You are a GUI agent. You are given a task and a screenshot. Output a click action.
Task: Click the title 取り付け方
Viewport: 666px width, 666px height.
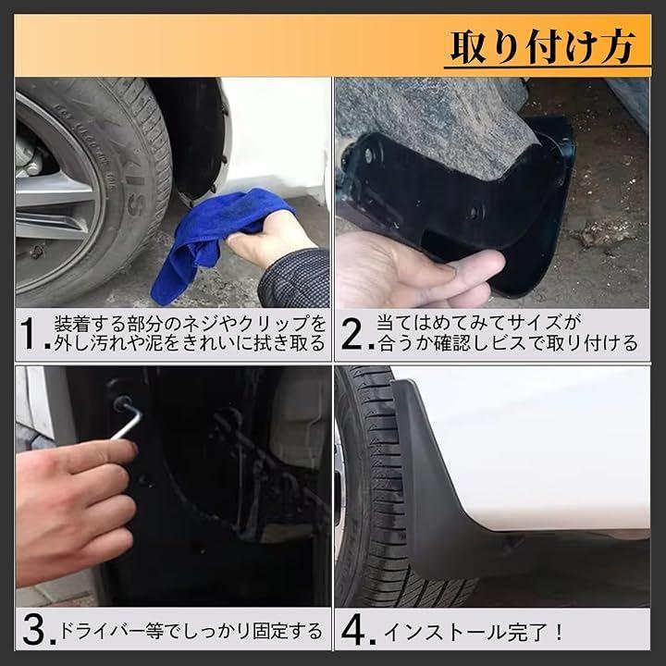[543, 47]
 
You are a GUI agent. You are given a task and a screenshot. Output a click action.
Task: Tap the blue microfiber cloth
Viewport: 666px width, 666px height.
[213, 242]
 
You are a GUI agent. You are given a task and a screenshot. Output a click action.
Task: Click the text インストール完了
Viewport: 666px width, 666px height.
[467, 633]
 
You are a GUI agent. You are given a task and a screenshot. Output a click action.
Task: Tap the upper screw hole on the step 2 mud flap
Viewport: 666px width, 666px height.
[369, 155]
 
